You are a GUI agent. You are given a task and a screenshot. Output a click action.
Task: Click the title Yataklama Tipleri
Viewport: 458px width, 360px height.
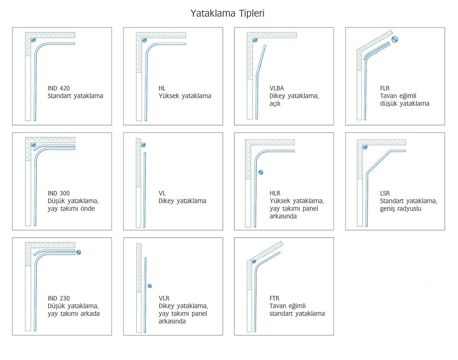click(228, 13)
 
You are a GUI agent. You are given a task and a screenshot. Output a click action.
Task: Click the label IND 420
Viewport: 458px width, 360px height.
click(59, 88)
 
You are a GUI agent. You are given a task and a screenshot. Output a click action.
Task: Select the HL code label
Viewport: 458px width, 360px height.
click(162, 88)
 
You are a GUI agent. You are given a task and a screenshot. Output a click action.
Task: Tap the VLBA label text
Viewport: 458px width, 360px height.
click(277, 88)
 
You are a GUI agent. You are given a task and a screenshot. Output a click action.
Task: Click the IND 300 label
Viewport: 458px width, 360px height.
click(59, 193)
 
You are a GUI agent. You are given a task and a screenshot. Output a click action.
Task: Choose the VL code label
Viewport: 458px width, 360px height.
click(162, 193)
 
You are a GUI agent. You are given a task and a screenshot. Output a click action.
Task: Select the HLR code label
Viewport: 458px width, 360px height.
click(275, 193)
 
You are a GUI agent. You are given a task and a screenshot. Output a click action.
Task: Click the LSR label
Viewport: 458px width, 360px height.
click(385, 193)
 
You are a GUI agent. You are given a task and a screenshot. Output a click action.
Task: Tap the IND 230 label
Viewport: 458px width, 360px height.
click(59, 298)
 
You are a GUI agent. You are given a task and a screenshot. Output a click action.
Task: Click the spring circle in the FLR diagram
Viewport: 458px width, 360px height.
click(395, 39)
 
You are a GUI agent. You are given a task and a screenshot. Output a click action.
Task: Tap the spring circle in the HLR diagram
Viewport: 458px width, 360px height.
click(260, 172)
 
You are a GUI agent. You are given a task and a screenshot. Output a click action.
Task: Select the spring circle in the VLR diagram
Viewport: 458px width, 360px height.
click(150, 286)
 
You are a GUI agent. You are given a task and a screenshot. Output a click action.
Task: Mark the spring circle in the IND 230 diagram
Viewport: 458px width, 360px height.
click(78, 252)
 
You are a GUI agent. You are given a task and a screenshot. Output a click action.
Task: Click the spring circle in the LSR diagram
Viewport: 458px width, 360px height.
click(365, 147)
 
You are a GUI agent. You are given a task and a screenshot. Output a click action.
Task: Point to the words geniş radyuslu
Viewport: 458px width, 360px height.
click(400, 209)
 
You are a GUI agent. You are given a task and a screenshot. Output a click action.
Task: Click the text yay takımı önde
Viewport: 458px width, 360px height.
click(71, 209)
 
